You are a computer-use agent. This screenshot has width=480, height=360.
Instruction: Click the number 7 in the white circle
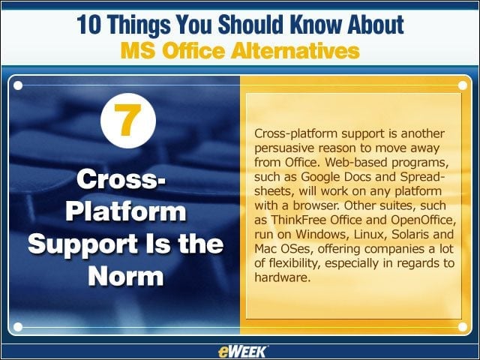coord(127,120)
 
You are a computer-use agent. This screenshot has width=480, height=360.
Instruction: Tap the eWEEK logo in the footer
coord(243,352)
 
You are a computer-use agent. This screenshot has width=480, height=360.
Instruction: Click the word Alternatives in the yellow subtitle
coord(295,51)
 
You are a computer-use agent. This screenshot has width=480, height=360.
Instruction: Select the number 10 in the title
coord(88,25)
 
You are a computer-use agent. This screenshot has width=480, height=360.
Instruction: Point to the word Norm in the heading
coord(126,276)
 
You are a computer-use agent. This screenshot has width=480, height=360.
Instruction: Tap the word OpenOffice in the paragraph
coord(423,220)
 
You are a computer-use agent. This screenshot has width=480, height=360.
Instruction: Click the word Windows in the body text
coord(323,235)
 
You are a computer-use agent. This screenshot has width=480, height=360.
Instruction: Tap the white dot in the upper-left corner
coord(18,85)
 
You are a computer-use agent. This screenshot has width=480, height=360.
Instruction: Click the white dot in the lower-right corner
coord(463,327)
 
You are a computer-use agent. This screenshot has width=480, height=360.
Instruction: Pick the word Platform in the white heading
coord(126,211)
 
